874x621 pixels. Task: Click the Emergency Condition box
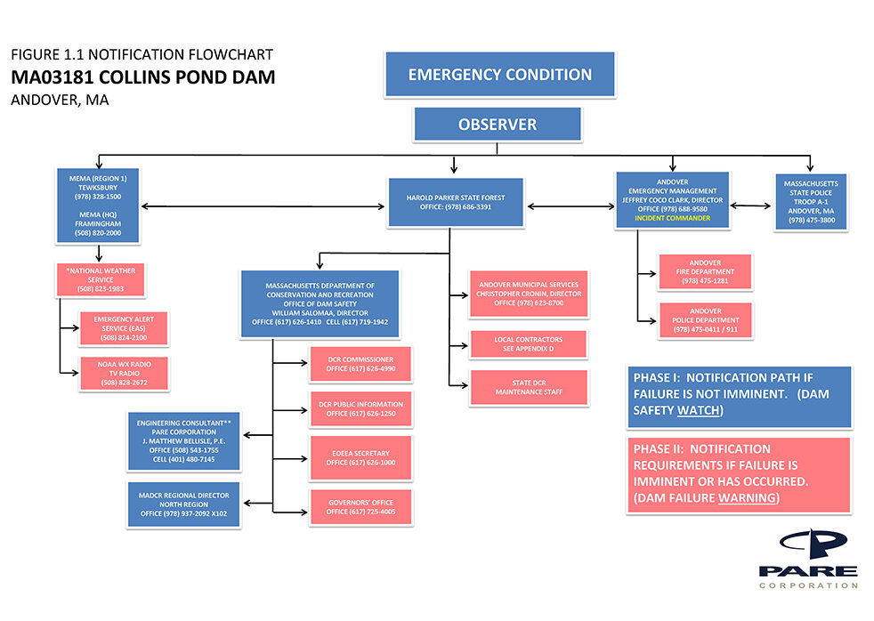pyautogui.click(x=499, y=75)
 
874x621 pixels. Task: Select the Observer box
pyautogui.click(x=498, y=125)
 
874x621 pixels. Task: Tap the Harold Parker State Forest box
pyautogui.click(x=455, y=202)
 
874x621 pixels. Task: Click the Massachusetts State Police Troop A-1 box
pyautogui.click(x=810, y=202)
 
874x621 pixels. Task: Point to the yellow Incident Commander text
pyautogui.click(x=672, y=218)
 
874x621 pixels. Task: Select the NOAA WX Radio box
pyautogui.click(x=125, y=374)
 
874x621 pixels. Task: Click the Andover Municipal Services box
pyautogui.click(x=528, y=294)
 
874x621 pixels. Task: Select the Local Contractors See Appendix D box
pyautogui.click(x=529, y=344)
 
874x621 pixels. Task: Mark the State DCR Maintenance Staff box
pyautogui.click(x=529, y=387)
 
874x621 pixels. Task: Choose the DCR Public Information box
pyautogui.click(x=360, y=408)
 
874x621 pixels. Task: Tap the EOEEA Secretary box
pyautogui.click(x=360, y=458)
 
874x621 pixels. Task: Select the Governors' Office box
pyautogui.click(x=360, y=507)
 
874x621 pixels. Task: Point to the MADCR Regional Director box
pyautogui.click(x=184, y=504)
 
